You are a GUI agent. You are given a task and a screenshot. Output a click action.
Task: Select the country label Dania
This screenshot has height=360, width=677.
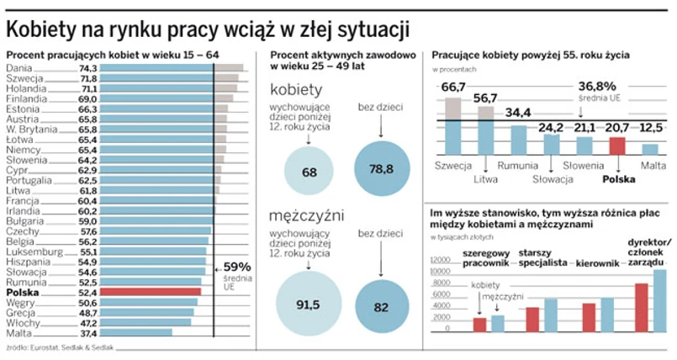coord(19,67)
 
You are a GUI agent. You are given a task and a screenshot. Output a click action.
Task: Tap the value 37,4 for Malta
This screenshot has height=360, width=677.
coord(88,332)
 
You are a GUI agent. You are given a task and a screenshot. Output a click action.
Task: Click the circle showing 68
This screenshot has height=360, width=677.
coord(309,172)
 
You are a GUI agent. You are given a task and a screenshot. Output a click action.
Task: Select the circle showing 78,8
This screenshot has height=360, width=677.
coord(381,169)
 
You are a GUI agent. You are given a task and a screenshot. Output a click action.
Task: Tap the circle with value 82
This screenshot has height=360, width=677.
coord(381,306)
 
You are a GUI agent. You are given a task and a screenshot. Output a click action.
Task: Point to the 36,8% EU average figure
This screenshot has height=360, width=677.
coord(597,86)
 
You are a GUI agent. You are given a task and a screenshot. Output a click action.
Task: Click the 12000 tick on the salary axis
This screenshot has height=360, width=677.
coord(443,261)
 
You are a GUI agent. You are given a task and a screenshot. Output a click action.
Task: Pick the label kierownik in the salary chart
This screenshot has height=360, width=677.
coord(597,263)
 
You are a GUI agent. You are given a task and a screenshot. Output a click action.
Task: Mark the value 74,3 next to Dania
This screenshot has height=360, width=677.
coord(88,67)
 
